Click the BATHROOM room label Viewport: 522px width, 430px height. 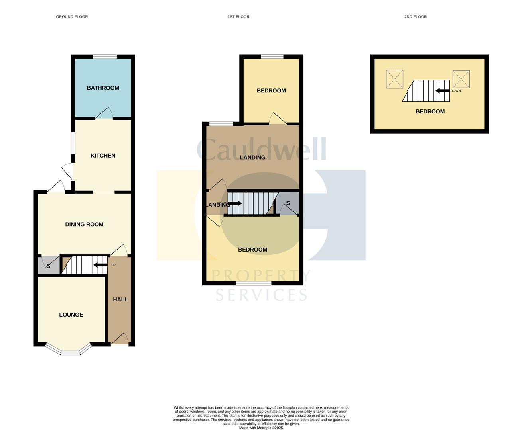click(x=103, y=88)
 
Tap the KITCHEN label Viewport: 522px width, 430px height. click(x=103, y=156)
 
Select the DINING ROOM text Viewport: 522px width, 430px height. click(x=84, y=225)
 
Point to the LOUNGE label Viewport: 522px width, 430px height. click(x=71, y=315)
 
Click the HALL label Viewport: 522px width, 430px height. click(x=120, y=299)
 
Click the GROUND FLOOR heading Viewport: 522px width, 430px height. click(x=72, y=17)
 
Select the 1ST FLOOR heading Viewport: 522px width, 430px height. click(x=238, y=17)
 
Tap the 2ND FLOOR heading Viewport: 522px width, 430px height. click(x=415, y=17)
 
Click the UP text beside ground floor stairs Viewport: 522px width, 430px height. click(x=113, y=265)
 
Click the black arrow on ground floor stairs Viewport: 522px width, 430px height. click(x=100, y=265)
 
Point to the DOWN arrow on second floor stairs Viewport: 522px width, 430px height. click(x=442, y=91)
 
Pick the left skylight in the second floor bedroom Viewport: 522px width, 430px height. click(x=394, y=79)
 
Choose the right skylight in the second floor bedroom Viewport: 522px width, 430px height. click(x=461, y=79)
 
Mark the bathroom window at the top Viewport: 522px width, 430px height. click(x=105, y=57)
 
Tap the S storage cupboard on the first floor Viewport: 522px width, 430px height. click(x=288, y=203)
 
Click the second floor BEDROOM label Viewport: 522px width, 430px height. click(x=430, y=111)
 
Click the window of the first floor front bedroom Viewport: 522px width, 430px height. click(x=253, y=283)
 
